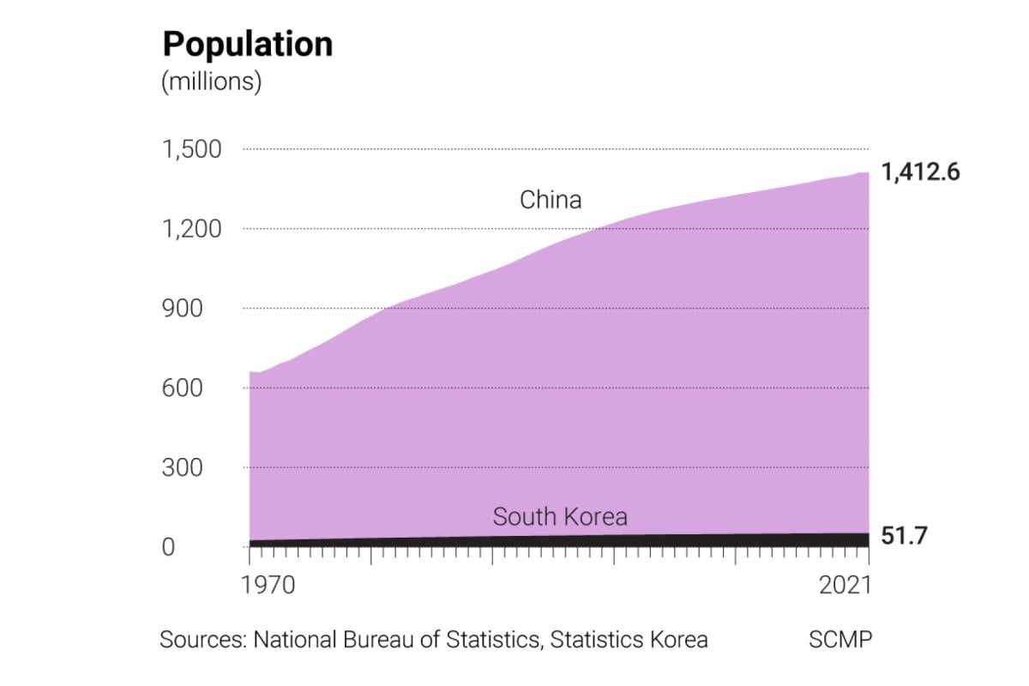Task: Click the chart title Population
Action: tap(247, 44)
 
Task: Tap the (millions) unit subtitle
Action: tap(211, 82)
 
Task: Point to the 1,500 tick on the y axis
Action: tap(192, 149)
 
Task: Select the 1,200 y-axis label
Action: tap(192, 229)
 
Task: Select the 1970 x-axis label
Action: tap(268, 586)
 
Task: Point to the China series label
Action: tap(551, 200)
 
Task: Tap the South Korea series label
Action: tap(559, 517)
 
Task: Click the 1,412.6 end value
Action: tap(920, 172)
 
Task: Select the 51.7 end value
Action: tap(905, 538)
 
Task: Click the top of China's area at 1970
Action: tap(250, 372)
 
